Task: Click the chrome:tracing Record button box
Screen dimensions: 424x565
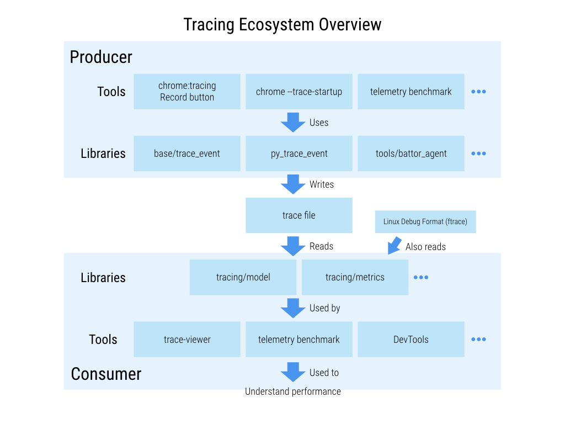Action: coord(187,92)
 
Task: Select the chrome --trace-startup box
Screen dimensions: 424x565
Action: coord(299,92)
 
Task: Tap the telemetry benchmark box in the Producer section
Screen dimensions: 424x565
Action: coord(411,92)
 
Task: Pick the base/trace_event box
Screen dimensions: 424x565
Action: coord(187,153)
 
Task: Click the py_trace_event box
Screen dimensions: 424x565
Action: coord(299,153)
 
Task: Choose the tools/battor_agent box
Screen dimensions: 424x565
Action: coord(411,153)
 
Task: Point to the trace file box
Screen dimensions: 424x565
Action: coord(299,215)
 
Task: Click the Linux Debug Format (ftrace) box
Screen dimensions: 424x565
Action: coord(425,221)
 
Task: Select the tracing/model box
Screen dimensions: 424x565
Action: coord(243,277)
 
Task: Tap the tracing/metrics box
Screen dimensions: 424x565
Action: coord(355,277)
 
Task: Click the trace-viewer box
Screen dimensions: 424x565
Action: coord(187,340)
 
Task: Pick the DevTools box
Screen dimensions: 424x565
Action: coord(411,340)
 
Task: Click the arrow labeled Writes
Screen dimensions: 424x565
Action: coord(293,184)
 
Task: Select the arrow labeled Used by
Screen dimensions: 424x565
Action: coord(293,308)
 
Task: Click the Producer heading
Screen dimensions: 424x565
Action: coord(101,57)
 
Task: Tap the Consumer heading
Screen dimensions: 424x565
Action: coord(106,374)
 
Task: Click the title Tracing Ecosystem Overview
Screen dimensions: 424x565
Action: coord(282,25)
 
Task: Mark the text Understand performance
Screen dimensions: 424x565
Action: coord(293,391)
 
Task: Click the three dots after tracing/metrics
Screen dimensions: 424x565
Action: coord(421,277)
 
